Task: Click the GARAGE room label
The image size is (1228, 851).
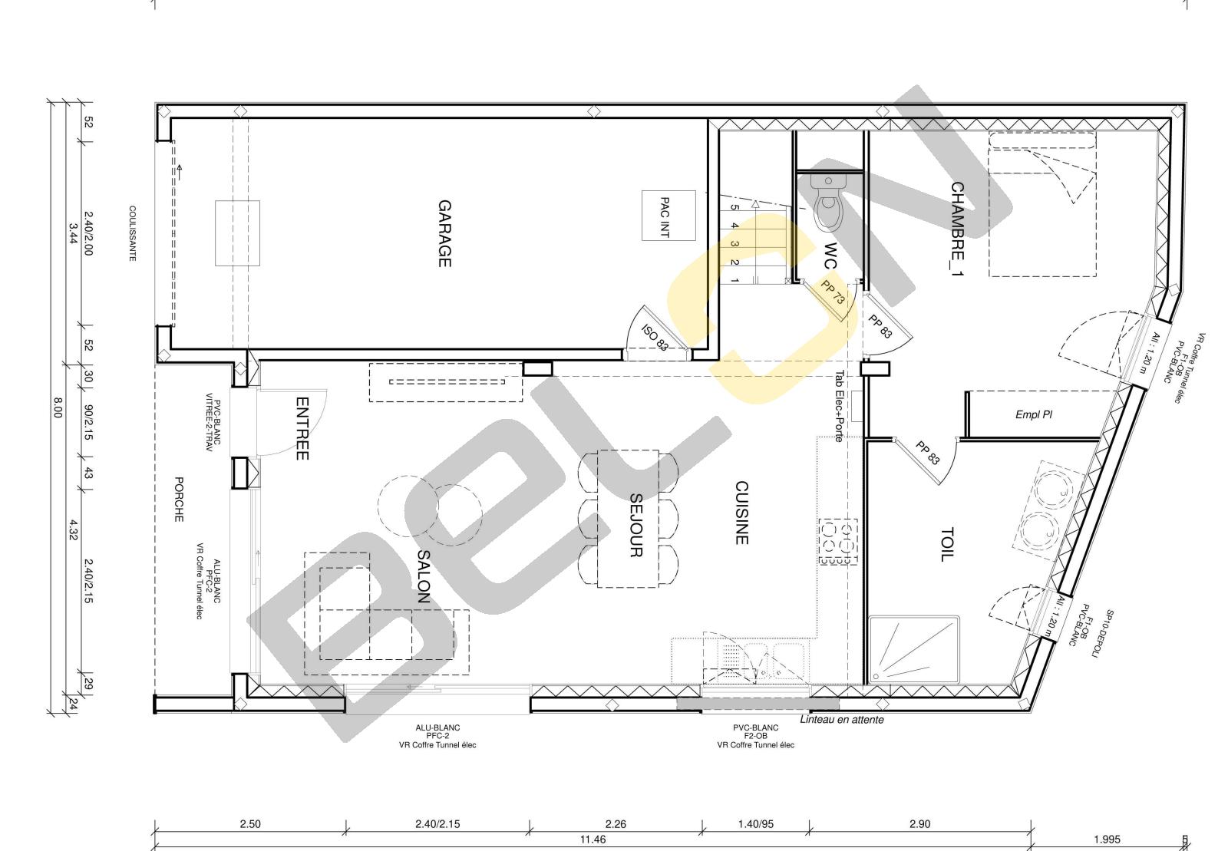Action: pyautogui.click(x=444, y=233)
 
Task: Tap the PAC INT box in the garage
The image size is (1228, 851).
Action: pyautogui.click(x=668, y=216)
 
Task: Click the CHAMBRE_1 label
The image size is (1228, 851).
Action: pyautogui.click(x=957, y=229)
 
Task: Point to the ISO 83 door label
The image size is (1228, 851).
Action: pyautogui.click(x=655, y=338)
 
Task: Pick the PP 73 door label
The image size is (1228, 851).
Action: pyautogui.click(x=832, y=292)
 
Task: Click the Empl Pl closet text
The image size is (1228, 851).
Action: pyautogui.click(x=1033, y=415)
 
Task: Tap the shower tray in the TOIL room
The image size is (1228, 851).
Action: pyautogui.click(x=914, y=650)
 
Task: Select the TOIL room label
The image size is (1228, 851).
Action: pyautogui.click(x=947, y=544)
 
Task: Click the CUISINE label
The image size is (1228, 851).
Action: pyautogui.click(x=741, y=513)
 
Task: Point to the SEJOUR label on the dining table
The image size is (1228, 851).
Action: pyautogui.click(x=635, y=526)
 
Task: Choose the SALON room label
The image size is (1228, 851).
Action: pyautogui.click(x=424, y=576)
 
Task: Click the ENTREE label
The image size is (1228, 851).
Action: pyautogui.click(x=302, y=428)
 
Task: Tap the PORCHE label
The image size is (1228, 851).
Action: pyautogui.click(x=179, y=500)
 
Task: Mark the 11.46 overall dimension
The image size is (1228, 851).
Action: pyautogui.click(x=593, y=839)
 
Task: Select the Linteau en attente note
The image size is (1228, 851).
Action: pyautogui.click(x=841, y=720)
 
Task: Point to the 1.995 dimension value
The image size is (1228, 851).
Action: pyautogui.click(x=1107, y=839)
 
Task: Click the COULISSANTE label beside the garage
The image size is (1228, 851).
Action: pyautogui.click(x=132, y=233)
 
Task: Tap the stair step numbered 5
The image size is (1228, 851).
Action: pyautogui.click(x=734, y=207)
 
